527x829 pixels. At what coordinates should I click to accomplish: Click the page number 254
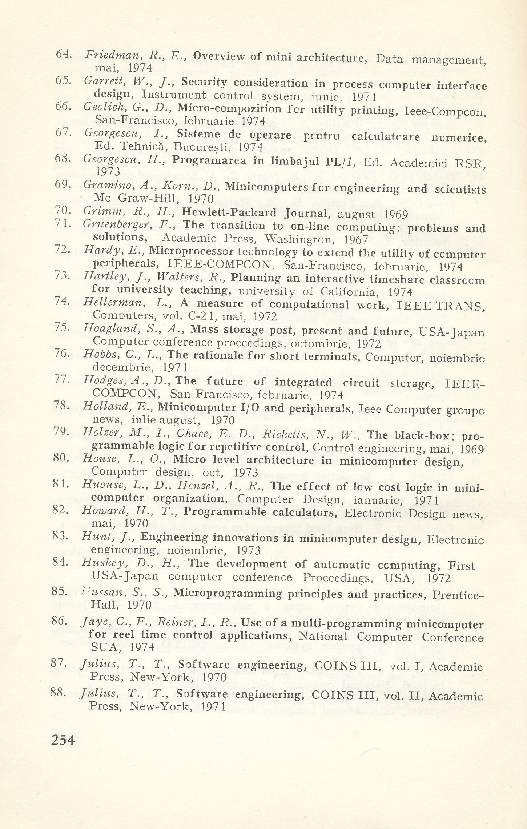coord(63,740)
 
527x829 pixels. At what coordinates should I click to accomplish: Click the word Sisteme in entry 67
coord(198,134)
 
